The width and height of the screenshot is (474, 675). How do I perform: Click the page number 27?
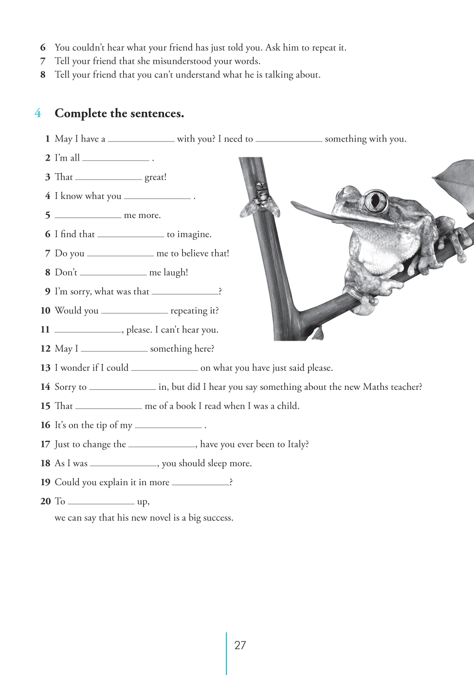pyautogui.click(x=240, y=645)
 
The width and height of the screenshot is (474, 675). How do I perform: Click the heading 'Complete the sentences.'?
pyautogui.click(x=119, y=113)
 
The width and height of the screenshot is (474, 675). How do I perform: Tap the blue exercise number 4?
pyautogui.click(x=38, y=113)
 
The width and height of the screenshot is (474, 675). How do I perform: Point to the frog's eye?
pyautogui.click(x=375, y=200)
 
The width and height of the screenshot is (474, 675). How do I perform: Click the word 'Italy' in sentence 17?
pyautogui.click(x=296, y=444)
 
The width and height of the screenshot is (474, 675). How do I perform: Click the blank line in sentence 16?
pyautogui.click(x=168, y=427)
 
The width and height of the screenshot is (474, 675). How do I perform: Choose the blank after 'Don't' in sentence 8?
pyautogui.click(x=113, y=274)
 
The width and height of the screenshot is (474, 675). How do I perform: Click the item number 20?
pyautogui.click(x=46, y=501)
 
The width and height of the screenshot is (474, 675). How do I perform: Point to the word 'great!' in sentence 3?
pyautogui.click(x=155, y=178)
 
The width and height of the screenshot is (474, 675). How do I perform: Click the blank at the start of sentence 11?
pyautogui.click(x=88, y=331)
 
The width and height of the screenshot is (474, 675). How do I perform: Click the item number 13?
pyautogui.click(x=46, y=368)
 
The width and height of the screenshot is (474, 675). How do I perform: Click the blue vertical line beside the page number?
pyautogui.click(x=226, y=652)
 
